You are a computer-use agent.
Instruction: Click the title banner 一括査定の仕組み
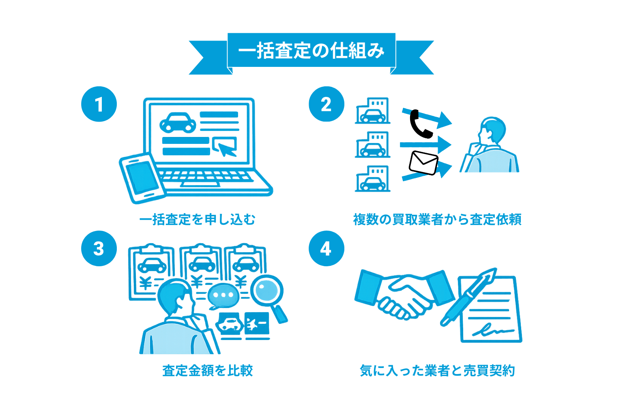(x=311, y=51)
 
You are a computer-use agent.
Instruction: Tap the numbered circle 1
(x=99, y=104)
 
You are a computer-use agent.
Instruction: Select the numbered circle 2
(x=326, y=104)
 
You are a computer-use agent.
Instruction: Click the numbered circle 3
(x=99, y=248)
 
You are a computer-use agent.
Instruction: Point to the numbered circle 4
(x=326, y=248)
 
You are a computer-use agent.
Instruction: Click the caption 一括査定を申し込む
(x=197, y=219)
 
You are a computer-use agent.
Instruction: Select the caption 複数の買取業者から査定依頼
(x=437, y=219)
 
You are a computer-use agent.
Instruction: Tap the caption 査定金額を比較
(x=207, y=370)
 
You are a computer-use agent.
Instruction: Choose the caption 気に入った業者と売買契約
(x=437, y=370)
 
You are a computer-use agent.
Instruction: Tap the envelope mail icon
(x=423, y=163)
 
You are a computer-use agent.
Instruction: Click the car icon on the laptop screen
(x=178, y=122)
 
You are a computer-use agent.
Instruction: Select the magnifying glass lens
(x=266, y=290)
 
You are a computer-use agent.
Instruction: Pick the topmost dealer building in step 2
(x=373, y=111)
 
